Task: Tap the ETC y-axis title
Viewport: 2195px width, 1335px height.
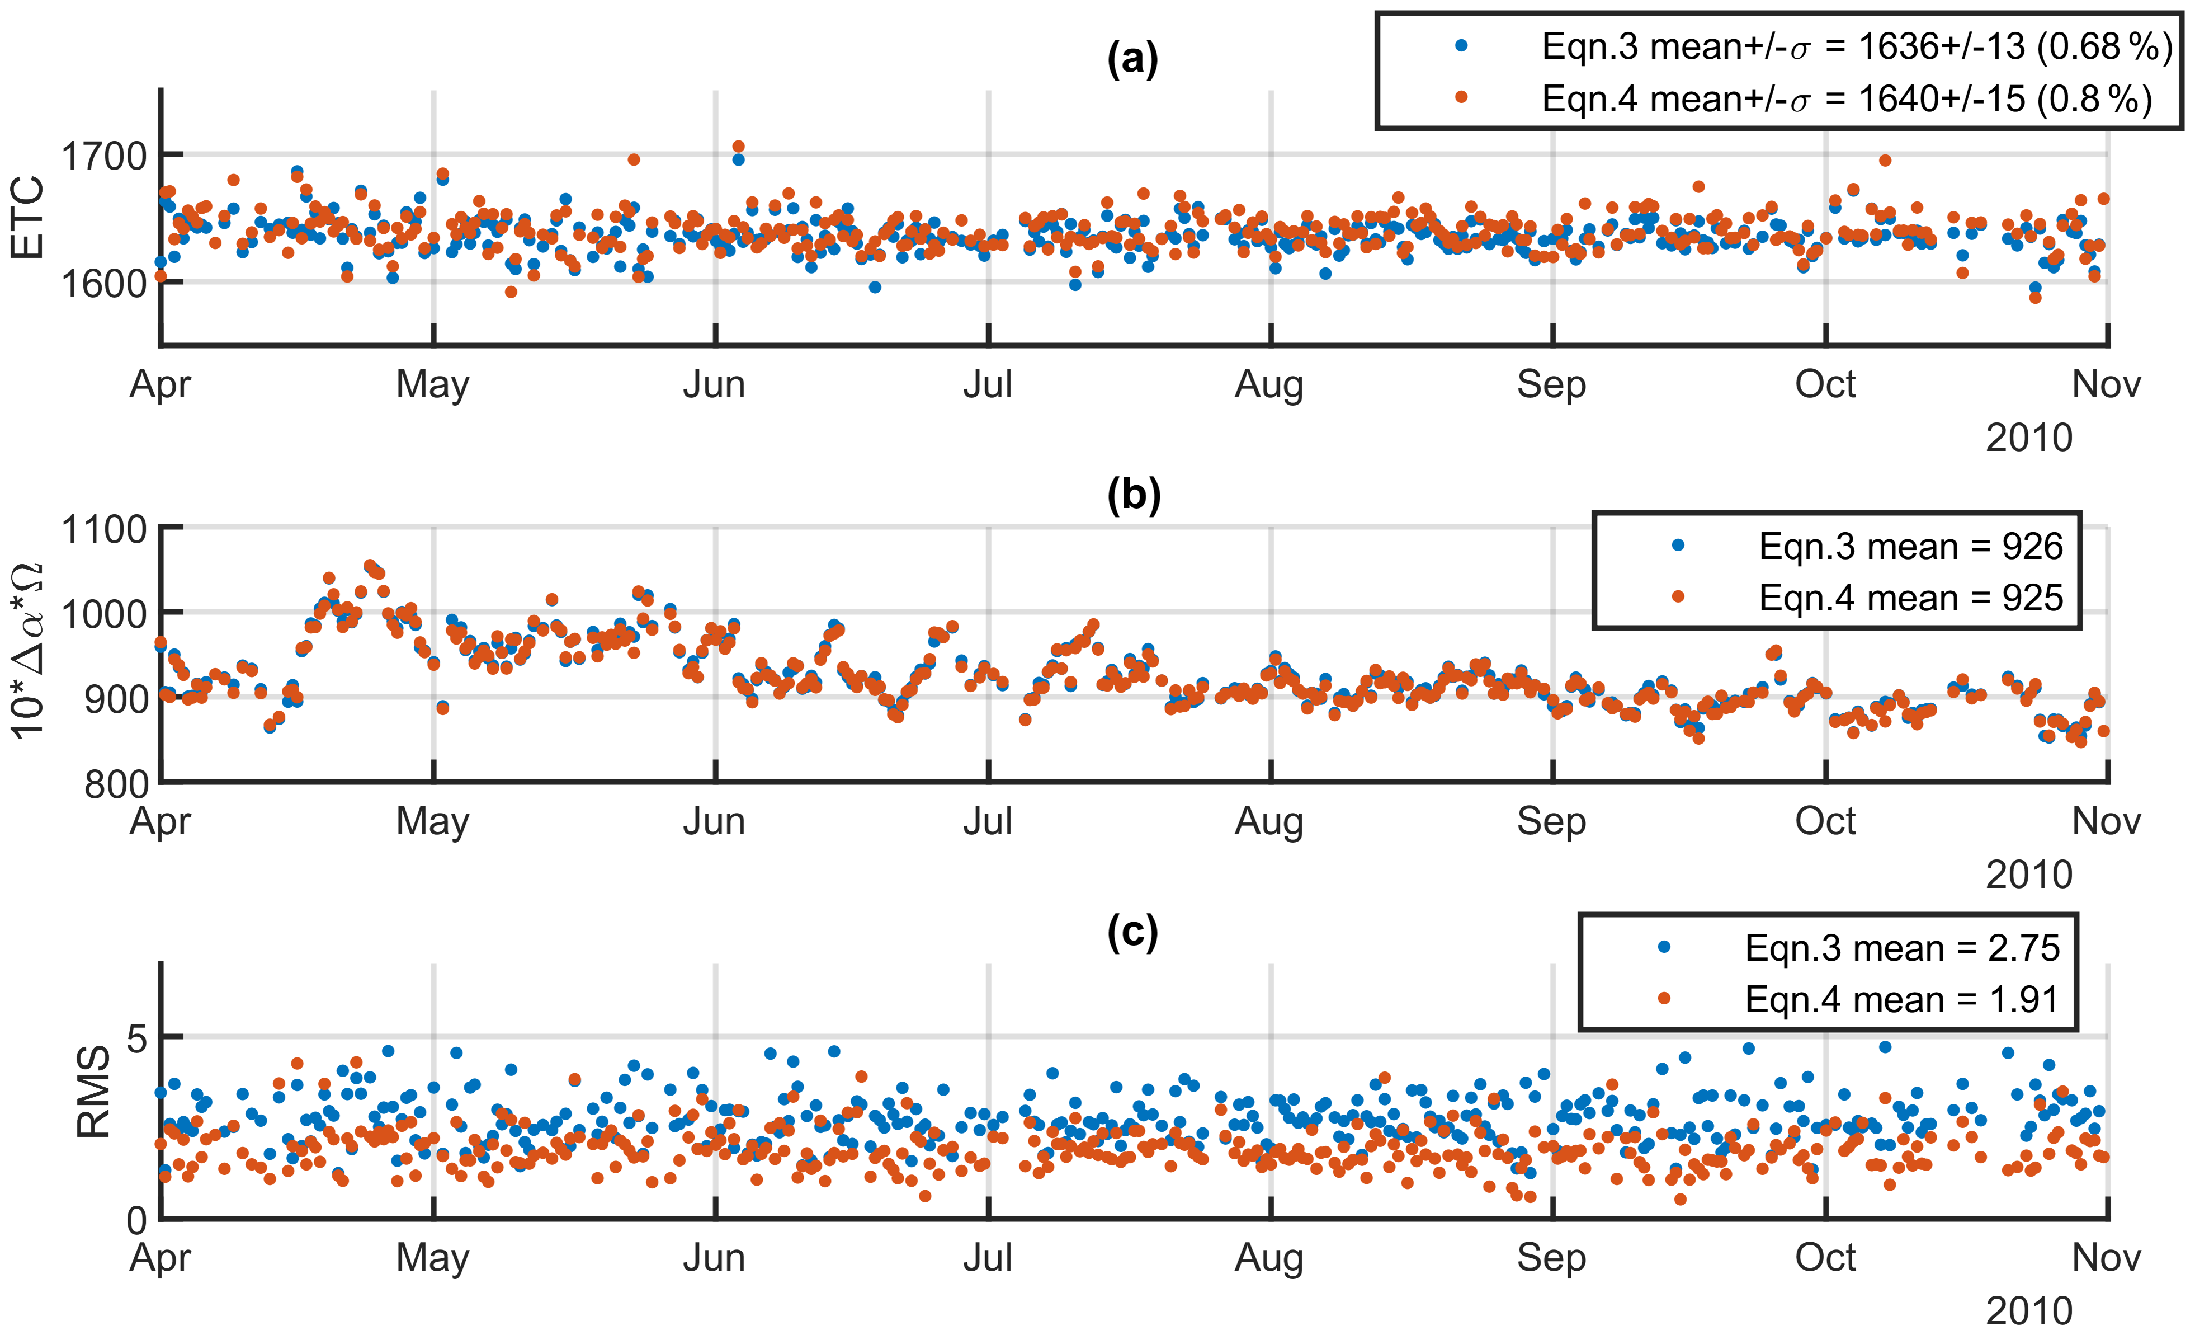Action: [x=29, y=218]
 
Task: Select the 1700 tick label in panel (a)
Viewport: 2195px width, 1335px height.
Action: [x=103, y=157]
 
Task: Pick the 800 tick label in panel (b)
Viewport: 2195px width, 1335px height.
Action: [x=116, y=784]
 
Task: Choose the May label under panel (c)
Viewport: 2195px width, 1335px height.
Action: [x=433, y=1257]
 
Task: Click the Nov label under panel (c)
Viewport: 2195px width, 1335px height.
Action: [x=2106, y=1257]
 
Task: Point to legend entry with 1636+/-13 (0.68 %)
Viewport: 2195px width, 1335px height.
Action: [x=1857, y=46]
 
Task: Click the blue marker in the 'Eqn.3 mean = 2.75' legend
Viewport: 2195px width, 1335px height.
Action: [x=1663, y=947]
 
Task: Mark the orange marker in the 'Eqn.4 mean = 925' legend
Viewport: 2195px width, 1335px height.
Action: [x=1678, y=597]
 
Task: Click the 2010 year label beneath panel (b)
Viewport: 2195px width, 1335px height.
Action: [x=2028, y=875]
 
